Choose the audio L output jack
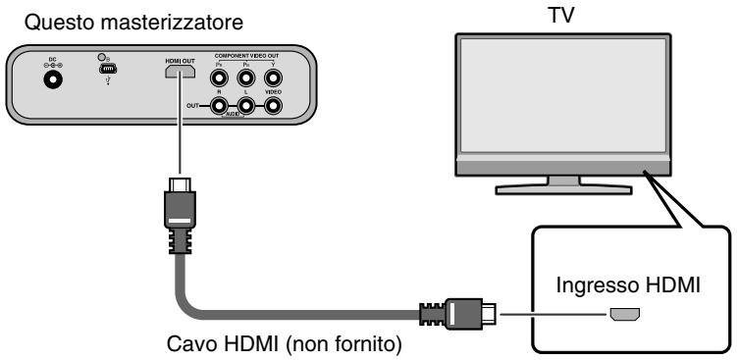[246, 104]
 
